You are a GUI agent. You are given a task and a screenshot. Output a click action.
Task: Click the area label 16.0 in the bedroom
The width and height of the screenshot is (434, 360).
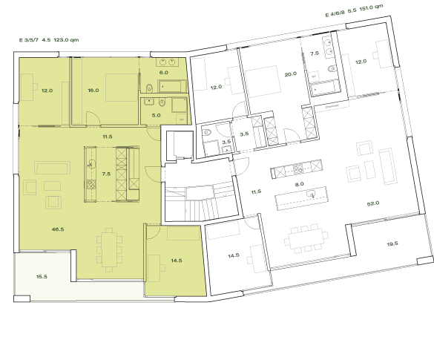point(93,91)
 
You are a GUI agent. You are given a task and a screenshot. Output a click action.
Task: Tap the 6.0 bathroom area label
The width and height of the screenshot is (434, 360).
point(164,73)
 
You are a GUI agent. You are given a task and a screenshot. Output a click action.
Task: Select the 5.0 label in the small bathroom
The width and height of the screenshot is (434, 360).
point(157,115)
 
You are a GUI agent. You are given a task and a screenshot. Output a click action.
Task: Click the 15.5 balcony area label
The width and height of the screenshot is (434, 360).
point(42,276)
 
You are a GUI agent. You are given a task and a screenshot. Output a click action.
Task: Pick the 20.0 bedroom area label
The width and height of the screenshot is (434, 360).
point(290,73)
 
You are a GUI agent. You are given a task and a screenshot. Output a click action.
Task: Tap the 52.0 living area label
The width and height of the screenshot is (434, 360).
point(372,203)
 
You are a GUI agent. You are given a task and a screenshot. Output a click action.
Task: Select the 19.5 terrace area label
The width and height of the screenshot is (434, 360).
point(392,243)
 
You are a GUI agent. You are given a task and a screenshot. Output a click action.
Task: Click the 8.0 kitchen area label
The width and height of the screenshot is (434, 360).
point(299,184)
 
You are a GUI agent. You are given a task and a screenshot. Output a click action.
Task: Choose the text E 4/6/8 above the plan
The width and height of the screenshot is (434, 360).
point(337,13)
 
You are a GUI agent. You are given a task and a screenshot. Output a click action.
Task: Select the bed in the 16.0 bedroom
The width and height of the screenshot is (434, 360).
point(119,88)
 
